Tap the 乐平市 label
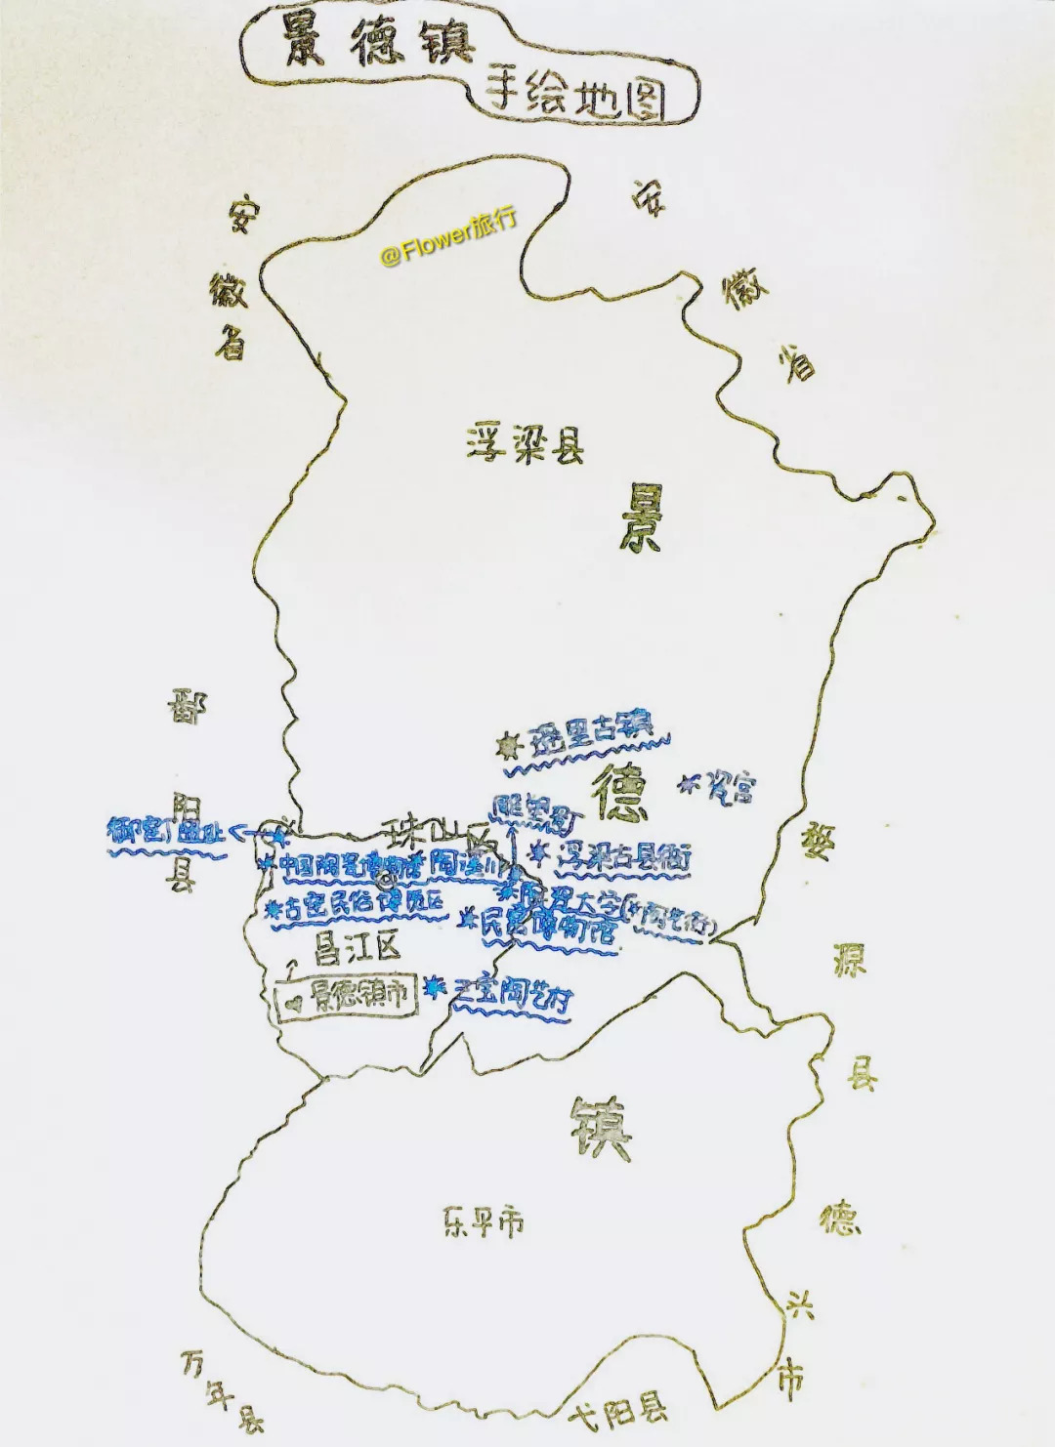pyautogui.click(x=483, y=1221)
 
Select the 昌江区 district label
pyautogui.click(x=357, y=945)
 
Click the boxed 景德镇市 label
pyautogui.click(x=358, y=996)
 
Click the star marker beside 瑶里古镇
pyautogui.click(x=508, y=747)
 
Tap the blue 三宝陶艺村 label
pyautogui.click(x=511, y=993)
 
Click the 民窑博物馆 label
pyautogui.click(x=550, y=925)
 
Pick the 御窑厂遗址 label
pyautogui.click(x=166, y=832)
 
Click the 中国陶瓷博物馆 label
pyautogui.click(x=350, y=865)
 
